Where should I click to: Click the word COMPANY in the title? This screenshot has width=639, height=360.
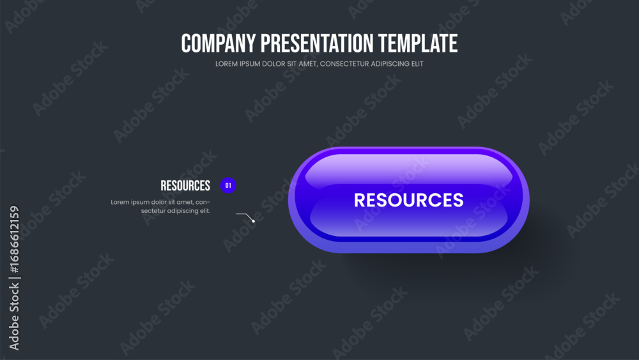(x=219, y=43)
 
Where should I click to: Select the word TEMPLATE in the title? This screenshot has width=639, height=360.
(x=418, y=43)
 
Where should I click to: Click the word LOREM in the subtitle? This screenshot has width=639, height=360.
(x=226, y=64)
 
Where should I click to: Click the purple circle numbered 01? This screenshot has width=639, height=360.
(x=228, y=185)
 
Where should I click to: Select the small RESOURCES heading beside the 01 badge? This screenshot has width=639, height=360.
(x=185, y=186)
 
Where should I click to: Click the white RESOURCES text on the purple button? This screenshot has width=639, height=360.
(x=409, y=200)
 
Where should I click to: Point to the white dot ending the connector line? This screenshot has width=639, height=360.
(x=254, y=221)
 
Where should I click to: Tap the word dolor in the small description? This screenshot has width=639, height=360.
(x=158, y=202)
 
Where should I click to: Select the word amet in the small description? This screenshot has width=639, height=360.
(x=185, y=202)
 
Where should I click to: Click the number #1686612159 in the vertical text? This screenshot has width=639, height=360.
(x=14, y=239)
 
